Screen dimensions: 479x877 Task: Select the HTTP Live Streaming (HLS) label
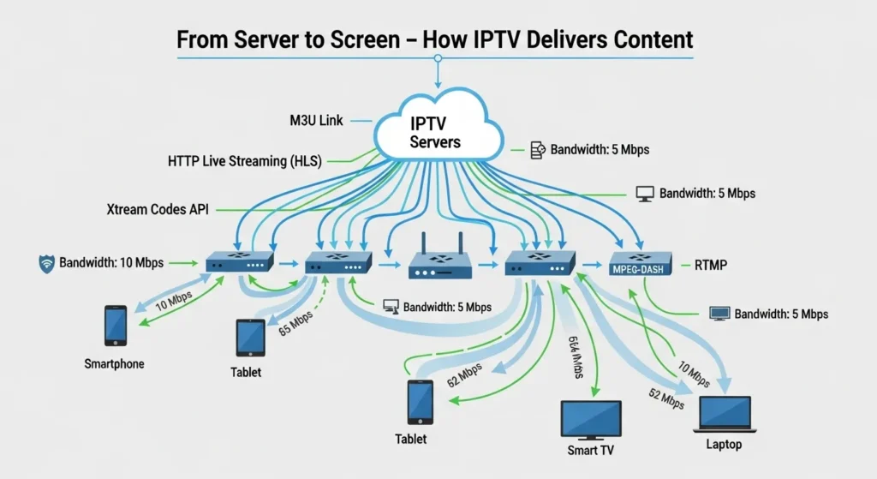pos(247,160)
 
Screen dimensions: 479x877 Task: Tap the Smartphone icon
pos(115,326)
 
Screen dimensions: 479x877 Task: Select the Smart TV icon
pos(591,419)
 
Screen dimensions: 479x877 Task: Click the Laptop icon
pos(725,414)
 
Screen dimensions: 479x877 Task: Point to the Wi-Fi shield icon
pos(48,262)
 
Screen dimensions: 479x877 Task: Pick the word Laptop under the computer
pos(725,445)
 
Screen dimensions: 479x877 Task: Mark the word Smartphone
pos(114,364)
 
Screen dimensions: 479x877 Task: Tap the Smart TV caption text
pos(591,450)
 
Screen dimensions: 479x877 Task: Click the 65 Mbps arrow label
pos(295,326)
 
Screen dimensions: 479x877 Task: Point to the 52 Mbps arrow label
pos(666,398)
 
